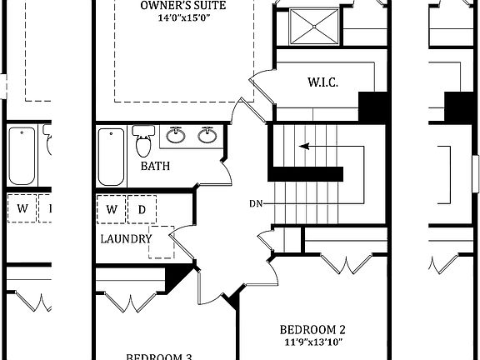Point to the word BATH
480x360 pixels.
coord(155,166)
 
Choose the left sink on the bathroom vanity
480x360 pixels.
coord(177,135)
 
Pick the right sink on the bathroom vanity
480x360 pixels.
coord(207,135)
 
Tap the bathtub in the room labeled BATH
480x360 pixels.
coord(110,157)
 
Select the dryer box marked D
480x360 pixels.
coord(142,209)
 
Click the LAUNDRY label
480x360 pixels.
coord(126,239)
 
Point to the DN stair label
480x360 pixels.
coord(257,203)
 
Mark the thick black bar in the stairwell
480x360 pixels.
coord(305,173)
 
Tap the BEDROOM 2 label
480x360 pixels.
coord(312,328)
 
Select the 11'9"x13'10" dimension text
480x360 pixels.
coord(312,342)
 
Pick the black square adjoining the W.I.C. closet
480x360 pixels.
coord(372,107)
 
